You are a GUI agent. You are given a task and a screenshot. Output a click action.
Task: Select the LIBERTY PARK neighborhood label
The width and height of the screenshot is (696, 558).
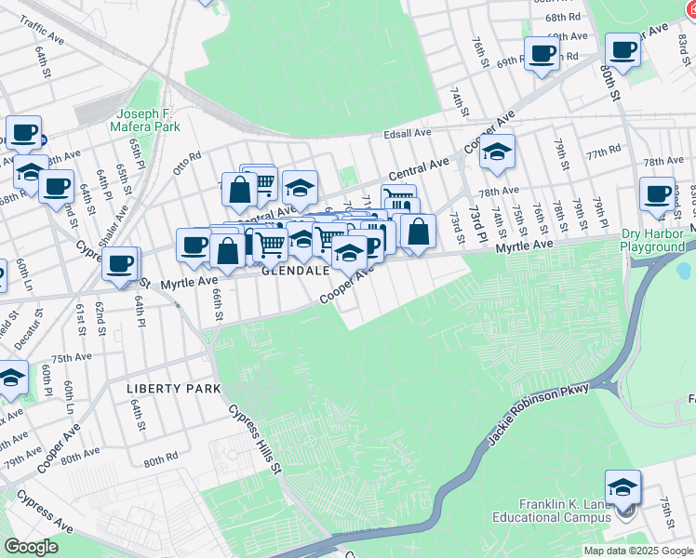(x=174, y=388)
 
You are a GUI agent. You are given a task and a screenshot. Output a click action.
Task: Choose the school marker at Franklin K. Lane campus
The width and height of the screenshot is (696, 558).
(x=622, y=487)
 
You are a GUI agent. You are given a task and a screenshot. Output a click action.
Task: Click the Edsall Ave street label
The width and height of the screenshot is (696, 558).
(x=408, y=134)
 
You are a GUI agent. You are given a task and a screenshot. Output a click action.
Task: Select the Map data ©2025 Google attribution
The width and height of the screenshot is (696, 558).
(x=638, y=551)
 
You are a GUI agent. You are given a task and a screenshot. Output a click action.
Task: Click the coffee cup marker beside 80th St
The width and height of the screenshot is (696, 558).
(x=622, y=50)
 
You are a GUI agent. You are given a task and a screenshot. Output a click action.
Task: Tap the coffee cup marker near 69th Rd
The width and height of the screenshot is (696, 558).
(x=541, y=53)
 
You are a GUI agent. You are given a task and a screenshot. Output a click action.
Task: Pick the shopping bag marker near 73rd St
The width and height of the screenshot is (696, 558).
(x=419, y=232)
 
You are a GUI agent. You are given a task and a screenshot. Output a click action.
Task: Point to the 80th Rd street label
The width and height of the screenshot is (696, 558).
(x=160, y=459)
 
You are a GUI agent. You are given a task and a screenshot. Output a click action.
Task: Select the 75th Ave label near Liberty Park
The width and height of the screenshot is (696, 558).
(x=72, y=358)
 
